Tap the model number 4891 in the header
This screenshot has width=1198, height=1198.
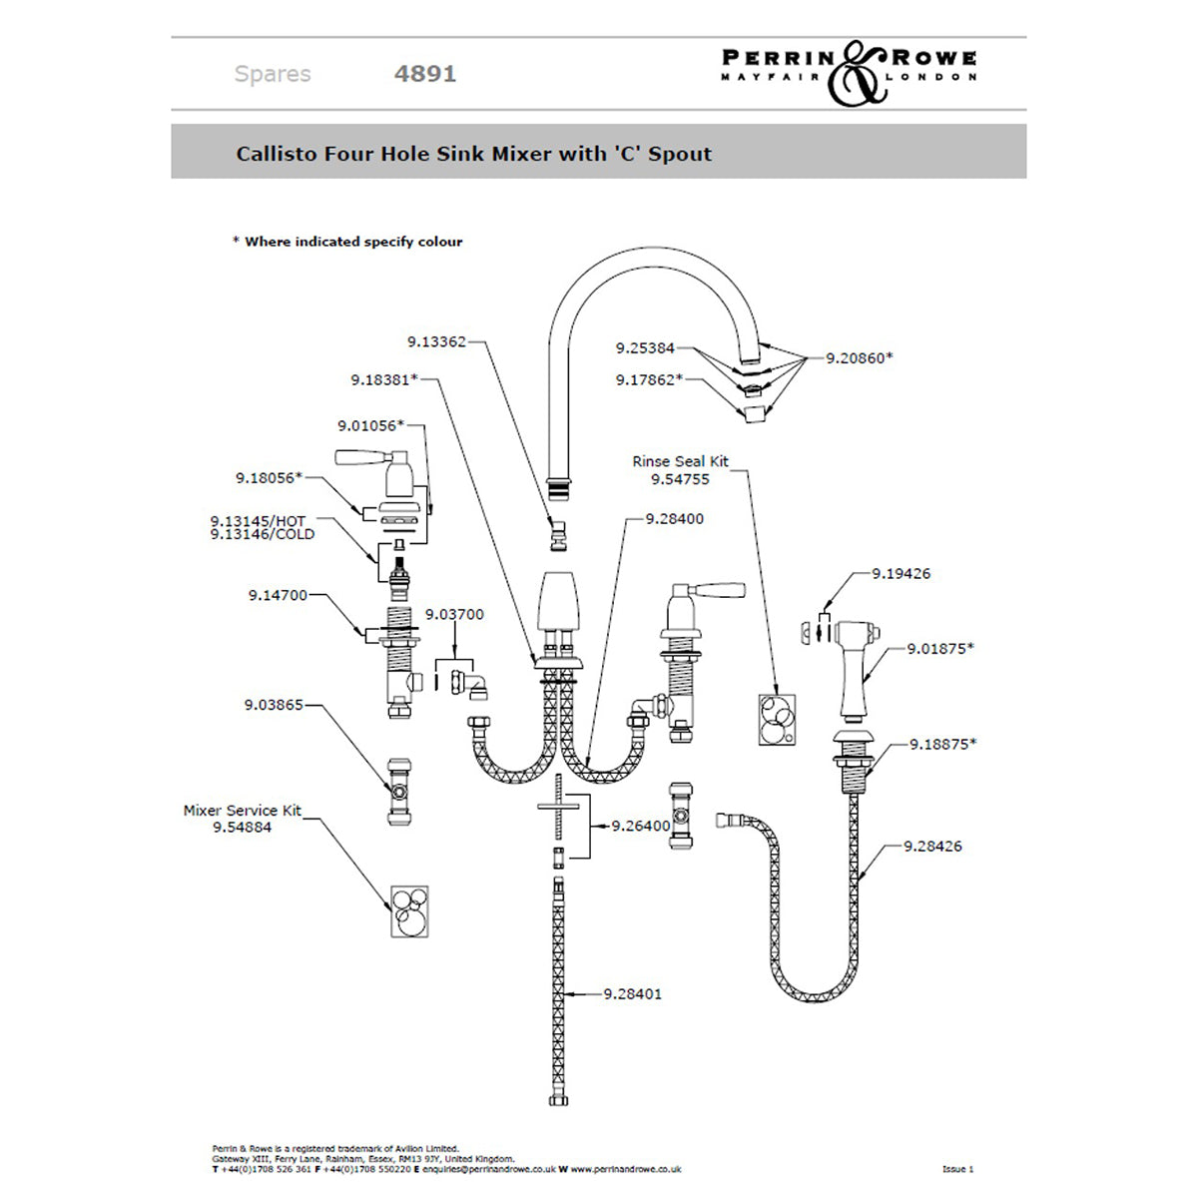click(x=425, y=74)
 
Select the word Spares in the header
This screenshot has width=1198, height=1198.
click(x=273, y=74)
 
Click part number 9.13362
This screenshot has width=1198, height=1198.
click(x=436, y=341)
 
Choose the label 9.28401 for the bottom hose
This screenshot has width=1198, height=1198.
click(x=632, y=994)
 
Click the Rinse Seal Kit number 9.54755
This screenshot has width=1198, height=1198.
click(x=680, y=479)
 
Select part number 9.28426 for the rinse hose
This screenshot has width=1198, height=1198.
click(x=932, y=847)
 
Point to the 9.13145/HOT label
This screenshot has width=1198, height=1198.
click(x=258, y=521)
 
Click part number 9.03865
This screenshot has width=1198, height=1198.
click(x=274, y=705)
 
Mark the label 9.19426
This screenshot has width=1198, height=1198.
click(x=900, y=574)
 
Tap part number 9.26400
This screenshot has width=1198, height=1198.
click(x=641, y=826)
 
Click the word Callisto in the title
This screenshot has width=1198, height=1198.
click(x=277, y=154)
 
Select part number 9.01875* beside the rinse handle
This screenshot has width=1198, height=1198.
click(x=940, y=649)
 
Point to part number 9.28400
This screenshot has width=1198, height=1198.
click(x=674, y=519)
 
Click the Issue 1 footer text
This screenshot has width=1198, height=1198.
click(x=957, y=1169)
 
